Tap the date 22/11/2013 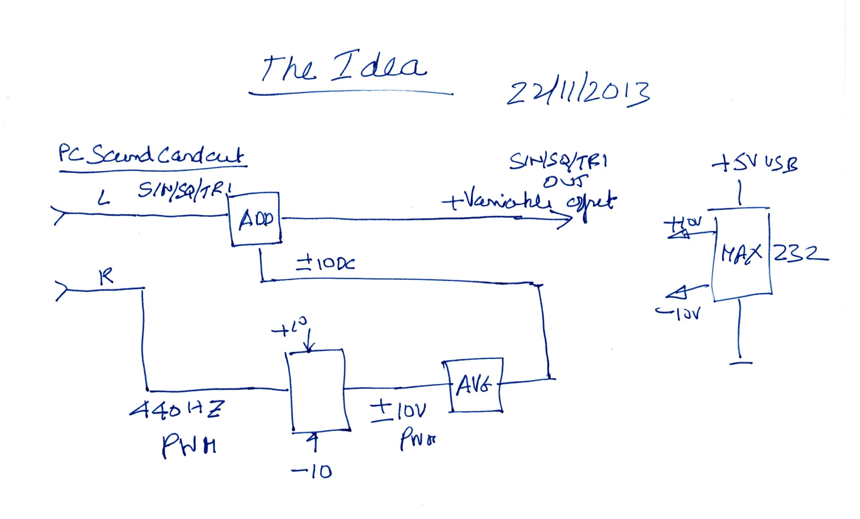tap(578, 94)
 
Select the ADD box tap(255, 219)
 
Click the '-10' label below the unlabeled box tap(311, 472)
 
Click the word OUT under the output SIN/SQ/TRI tap(566, 182)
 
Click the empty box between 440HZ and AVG tap(319, 390)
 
